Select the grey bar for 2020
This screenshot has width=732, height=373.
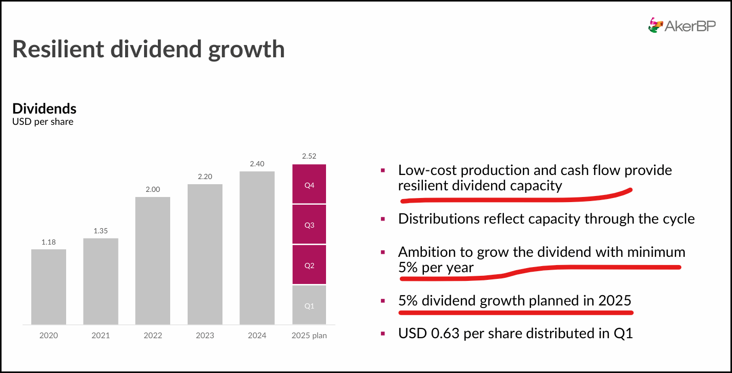[x=49, y=287]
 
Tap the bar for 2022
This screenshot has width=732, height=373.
[x=153, y=260]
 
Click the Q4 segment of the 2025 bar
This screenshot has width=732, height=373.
[x=309, y=184]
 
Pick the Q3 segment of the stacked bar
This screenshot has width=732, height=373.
[x=309, y=225]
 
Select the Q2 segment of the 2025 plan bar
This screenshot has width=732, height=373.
[x=309, y=265]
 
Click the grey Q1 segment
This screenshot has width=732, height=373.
[x=309, y=305]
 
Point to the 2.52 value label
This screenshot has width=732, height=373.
[x=309, y=157]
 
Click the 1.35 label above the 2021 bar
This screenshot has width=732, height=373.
[x=100, y=231]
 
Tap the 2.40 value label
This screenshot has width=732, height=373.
[x=257, y=164]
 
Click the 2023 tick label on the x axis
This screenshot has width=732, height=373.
[x=205, y=336]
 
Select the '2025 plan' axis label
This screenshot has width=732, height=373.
[x=309, y=336]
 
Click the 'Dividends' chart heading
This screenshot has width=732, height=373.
[x=44, y=108]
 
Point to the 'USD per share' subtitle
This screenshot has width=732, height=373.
[x=43, y=122]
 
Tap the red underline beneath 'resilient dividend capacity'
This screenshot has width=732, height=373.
[x=513, y=196]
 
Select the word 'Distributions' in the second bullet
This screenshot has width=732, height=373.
[x=438, y=219]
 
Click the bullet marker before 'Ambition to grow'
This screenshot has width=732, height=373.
[x=383, y=252]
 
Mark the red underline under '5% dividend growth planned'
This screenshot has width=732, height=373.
[x=515, y=312]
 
